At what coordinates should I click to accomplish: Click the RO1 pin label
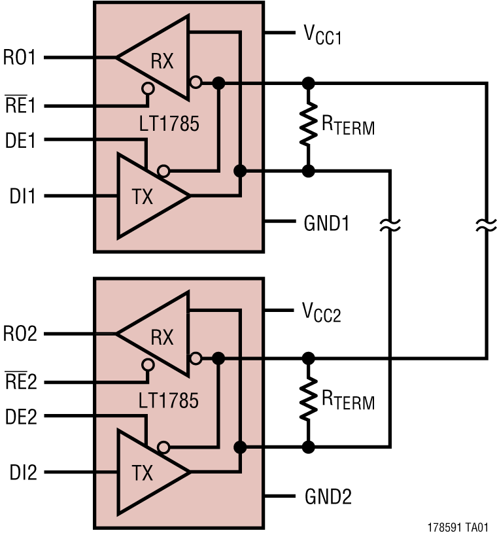(x=20, y=58)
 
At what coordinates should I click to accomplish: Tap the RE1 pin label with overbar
(x=20, y=105)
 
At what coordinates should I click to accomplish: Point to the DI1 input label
(x=20, y=196)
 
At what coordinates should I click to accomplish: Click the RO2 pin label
(x=20, y=334)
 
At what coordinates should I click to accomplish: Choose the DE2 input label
(x=20, y=416)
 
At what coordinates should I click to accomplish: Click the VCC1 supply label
(x=322, y=35)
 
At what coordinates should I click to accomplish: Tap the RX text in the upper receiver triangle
(x=162, y=61)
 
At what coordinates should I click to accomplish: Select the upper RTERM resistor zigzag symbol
(x=307, y=127)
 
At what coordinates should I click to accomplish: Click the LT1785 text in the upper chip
(x=169, y=123)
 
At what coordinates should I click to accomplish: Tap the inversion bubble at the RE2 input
(x=148, y=364)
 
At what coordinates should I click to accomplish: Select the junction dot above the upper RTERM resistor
(x=307, y=84)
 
